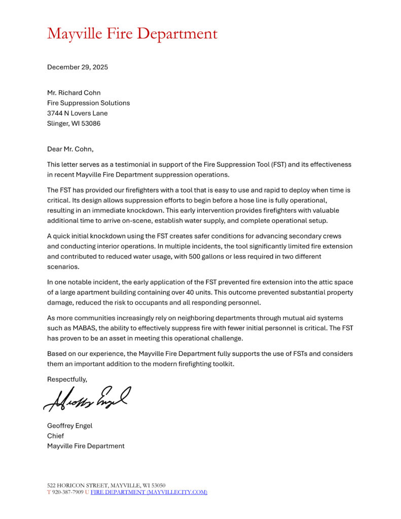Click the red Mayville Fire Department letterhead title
point(132,34)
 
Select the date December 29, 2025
point(77,67)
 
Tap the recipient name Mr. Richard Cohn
point(74,93)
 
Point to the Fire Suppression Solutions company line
point(88,103)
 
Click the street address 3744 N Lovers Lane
point(77,113)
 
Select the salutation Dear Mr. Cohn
point(70,149)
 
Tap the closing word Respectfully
point(67,379)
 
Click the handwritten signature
point(87,398)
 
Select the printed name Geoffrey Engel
point(69,426)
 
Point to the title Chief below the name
point(55,436)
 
